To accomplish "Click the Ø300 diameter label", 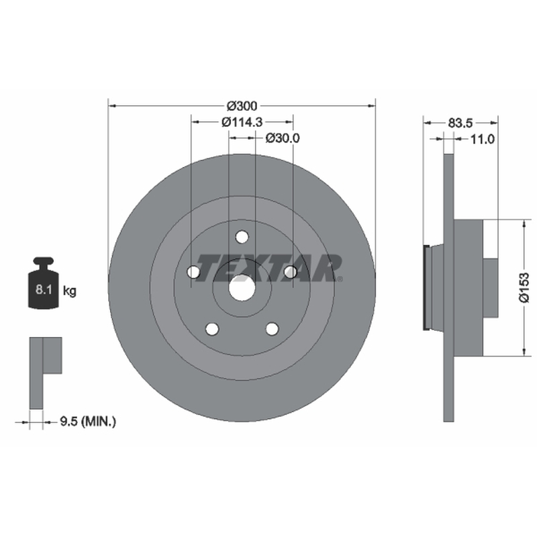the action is coord(242,106).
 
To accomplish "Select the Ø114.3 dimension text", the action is coord(242,122).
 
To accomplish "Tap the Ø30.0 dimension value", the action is coord(283,138).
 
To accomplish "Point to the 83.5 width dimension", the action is coord(460,123).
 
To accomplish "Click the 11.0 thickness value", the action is coord(482,139).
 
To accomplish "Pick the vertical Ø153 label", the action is coord(524,288).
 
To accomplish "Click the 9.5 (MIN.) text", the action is coord(88,422).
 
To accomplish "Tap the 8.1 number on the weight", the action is coord(44,290).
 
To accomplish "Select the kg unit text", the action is coord(70,291).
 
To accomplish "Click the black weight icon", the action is coord(44,283).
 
